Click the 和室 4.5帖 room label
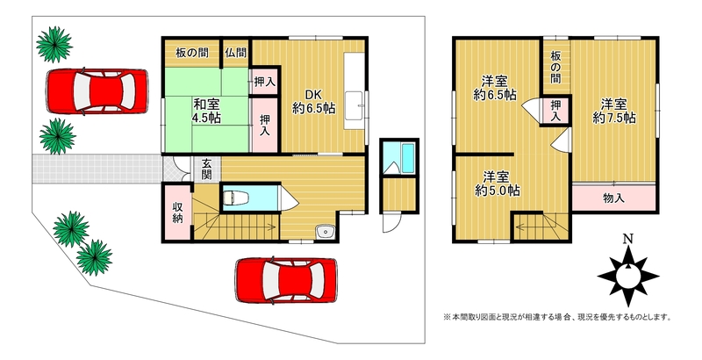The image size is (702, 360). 206,112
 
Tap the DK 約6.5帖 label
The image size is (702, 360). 314,102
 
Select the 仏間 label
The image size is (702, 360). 236,53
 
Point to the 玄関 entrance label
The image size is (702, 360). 206,169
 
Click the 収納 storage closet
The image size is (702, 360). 178,212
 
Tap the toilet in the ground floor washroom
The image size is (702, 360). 233,197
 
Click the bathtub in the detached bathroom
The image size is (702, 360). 407,158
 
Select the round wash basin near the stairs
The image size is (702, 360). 325,232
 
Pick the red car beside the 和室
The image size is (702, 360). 97,91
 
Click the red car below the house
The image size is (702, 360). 286,280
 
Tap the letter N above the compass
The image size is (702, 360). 628,238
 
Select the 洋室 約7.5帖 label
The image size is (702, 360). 613,111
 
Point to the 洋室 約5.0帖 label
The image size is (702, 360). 497,184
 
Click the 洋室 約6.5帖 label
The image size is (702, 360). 495,88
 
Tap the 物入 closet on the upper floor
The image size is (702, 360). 613,198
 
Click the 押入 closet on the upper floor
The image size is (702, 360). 555,111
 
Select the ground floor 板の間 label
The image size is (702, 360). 191,53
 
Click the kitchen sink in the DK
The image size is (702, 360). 356,105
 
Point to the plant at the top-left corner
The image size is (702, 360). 54,44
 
